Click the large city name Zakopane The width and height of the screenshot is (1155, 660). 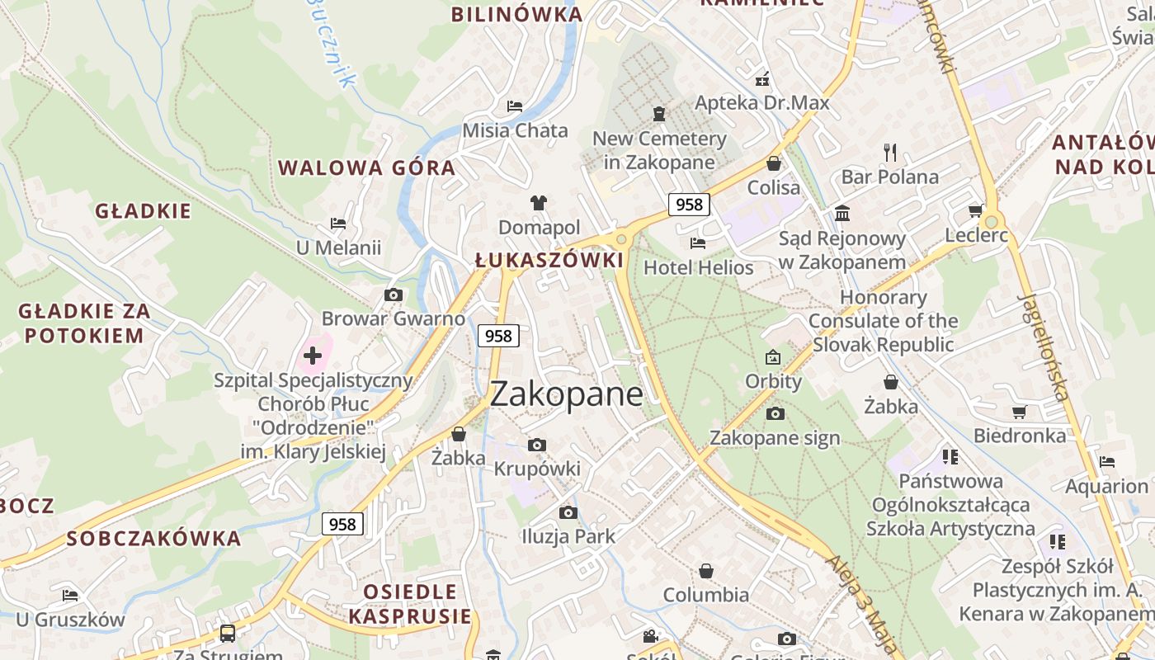[x=566, y=394]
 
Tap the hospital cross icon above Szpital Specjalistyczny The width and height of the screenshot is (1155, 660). [x=313, y=356]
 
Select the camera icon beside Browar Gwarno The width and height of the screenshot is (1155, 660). [x=394, y=295]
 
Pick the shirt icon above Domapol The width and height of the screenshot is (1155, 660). [x=539, y=203]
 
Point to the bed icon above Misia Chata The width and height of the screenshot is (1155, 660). [x=515, y=106]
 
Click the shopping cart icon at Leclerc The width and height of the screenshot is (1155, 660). [x=975, y=211]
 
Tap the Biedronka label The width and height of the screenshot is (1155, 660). [x=1020, y=436]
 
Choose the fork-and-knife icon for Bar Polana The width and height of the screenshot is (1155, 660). [x=889, y=153]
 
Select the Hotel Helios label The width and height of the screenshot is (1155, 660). [x=699, y=267]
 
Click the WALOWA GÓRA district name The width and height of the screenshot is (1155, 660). [x=366, y=168]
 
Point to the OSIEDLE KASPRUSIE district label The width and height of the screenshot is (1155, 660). [x=410, y=603]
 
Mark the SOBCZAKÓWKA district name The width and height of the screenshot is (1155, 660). [x=153, y=539]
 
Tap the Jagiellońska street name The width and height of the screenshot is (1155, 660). [x=1044, y=346]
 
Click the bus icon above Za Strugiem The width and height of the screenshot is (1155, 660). [x=227, y=633]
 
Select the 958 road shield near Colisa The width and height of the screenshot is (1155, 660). [x=689, y=205]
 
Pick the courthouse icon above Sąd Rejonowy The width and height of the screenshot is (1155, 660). [x=842, y=214]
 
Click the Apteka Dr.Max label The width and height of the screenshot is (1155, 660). [x=762, y=103]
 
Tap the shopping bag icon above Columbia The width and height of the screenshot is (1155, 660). [x=706, y=571]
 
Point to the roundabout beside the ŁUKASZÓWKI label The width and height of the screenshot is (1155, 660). [x=621, y=239]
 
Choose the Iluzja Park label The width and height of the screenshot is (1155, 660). [x=568, y=536]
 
